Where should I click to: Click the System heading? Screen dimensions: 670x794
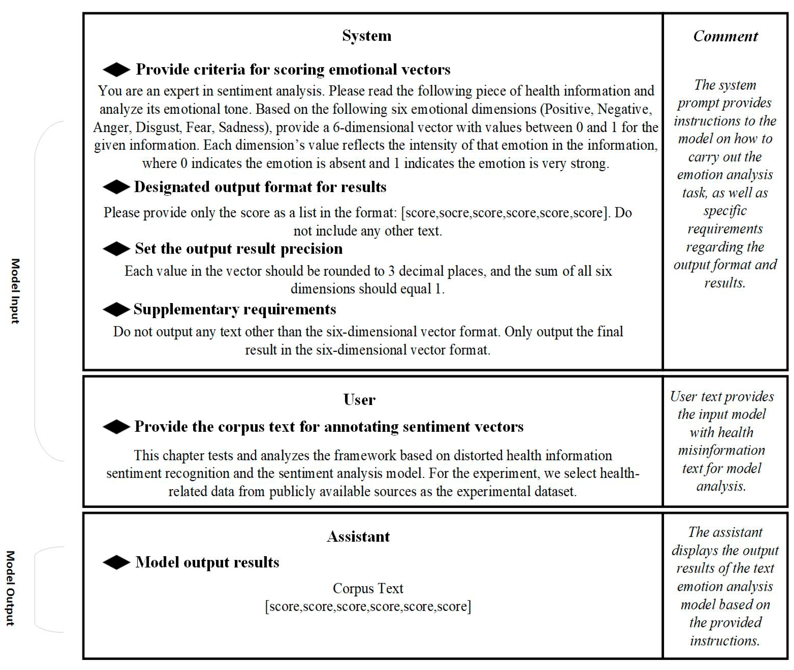tap(366, 36)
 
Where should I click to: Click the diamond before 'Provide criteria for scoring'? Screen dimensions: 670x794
tap(116, 69)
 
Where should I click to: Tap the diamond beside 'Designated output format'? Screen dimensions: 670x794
tap(116, 187)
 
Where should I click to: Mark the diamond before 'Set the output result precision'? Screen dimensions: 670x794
tap(116, 249)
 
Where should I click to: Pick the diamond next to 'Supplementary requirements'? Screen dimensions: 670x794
tap(116, 310)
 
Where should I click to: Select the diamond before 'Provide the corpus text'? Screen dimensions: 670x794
tap(116, 427)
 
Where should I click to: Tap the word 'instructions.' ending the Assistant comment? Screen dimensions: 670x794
tap(725, 641)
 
